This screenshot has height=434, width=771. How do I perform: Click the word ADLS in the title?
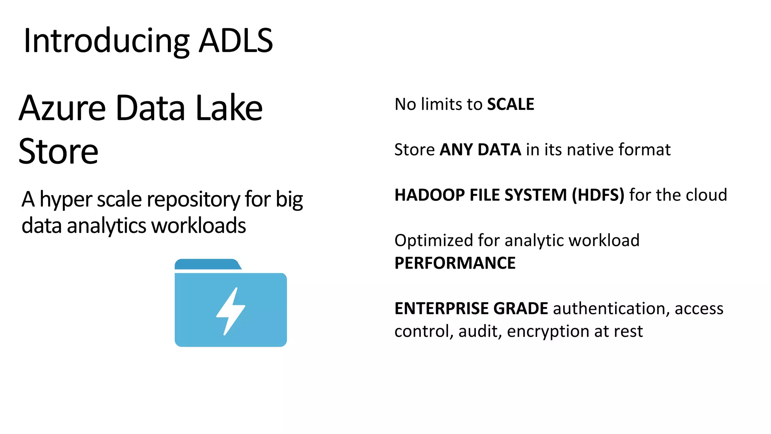pyautogui.click(x=236, y=41)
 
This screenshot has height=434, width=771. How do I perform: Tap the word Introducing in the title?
pyautogui.click(x=107, y=41)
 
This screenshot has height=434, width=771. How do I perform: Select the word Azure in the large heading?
pyautogui.click(x=62, y=108)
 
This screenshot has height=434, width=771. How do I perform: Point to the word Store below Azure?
pyautogui.click(x=58, y=151)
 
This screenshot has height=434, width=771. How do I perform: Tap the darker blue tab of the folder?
pyautogui.click(x=207, y=264)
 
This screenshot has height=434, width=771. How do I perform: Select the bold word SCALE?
pyautogui.click(x=510, y=104)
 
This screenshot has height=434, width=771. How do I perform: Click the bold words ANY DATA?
pyautogui.click(x=480, y=150)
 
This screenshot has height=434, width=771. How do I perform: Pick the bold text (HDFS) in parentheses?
pyautogui.click(x=598, y=195)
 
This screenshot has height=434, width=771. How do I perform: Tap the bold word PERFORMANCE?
pyautogui.click(x=455, y=263)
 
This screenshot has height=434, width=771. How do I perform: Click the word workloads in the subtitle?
pyautogui.click(x=198, y=226)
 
